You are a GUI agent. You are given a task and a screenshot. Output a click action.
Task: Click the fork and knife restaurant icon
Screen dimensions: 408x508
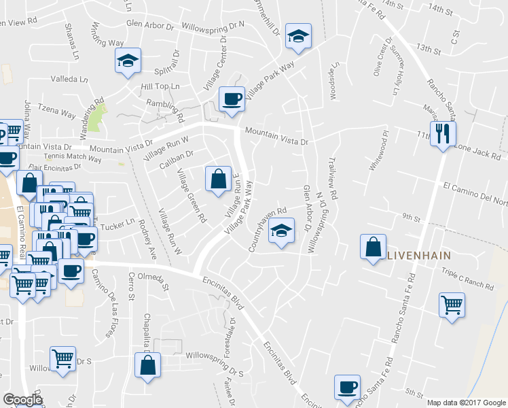pyautogui.click(x=443, y=133)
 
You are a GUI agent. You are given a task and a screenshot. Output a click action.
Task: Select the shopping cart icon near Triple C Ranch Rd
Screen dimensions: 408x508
pyautogui.click(x=452, y=305)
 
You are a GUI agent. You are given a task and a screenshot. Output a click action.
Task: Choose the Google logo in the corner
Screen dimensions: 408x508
pyautogui.click(x=22, y=400)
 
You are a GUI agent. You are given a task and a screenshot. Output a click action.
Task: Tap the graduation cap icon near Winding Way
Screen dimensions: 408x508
pyautogui.click(x=127, y=61)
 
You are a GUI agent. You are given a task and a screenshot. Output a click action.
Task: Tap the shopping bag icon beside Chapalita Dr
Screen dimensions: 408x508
pyautogui.click(x=147, y=366)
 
